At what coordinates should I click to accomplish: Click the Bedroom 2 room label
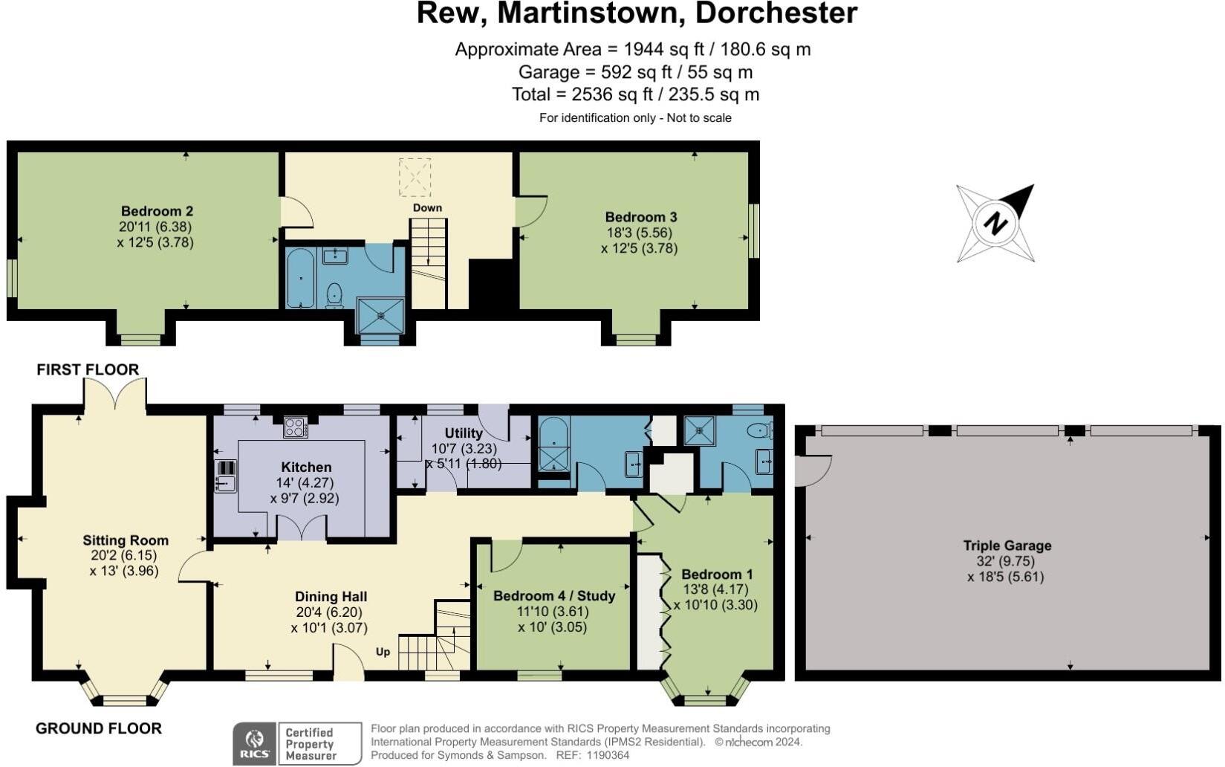(157, 211)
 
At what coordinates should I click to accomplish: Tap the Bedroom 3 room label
(640, 217)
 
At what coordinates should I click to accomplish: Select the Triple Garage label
(1007, 546)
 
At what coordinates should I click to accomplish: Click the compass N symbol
(995, 223)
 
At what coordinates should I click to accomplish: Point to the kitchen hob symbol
(295, 427)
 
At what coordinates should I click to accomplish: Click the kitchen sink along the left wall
(225, 483)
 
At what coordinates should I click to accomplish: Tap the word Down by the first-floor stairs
(427, 207)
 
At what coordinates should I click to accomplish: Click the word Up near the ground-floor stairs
(383, 652)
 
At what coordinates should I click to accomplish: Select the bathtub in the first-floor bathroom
(300, 279)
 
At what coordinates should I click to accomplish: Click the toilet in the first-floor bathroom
(334, 294)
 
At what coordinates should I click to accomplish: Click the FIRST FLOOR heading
(88, 369)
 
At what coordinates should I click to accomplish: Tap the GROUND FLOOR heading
(99, 728)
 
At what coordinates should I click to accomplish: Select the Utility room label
(464, 433)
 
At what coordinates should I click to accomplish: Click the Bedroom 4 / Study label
(554, 596)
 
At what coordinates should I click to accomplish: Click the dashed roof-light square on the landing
(415, 176)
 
